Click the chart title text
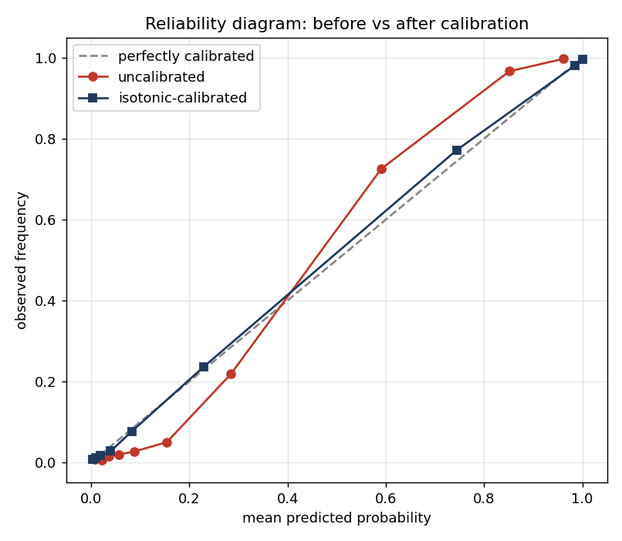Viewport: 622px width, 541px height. [x=336, y=24]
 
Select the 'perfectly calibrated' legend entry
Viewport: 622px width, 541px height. [x=166, y=56]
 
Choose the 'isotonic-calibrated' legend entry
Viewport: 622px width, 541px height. [x=163, y=97]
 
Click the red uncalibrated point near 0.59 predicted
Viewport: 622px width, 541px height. [x=381, y=169]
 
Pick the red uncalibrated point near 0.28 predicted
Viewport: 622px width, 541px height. [x=231, y=374]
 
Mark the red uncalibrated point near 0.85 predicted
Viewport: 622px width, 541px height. [x=510, y=72]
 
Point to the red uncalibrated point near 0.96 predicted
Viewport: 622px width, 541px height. [x=563, y=59]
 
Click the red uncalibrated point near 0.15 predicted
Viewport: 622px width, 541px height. [x=167, y=442]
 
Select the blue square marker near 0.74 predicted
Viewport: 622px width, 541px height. [x=457, y=150]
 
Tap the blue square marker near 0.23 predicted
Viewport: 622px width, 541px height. [x=204, y=367]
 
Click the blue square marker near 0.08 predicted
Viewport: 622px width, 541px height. [x=132, y=432]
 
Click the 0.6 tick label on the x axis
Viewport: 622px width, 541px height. [x=386, y=498]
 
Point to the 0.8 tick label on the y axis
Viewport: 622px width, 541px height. [x=46, y=139]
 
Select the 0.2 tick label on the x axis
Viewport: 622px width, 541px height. [x=189, y=498]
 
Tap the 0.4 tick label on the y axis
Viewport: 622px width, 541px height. [x=46, y=301]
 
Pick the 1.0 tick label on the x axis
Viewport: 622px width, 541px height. [x=583, y=498]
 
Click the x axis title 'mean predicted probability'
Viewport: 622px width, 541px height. [x=336, y=518]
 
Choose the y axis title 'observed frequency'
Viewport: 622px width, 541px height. [x=21, y=260]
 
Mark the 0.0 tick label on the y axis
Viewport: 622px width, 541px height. [x=46, y=462]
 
